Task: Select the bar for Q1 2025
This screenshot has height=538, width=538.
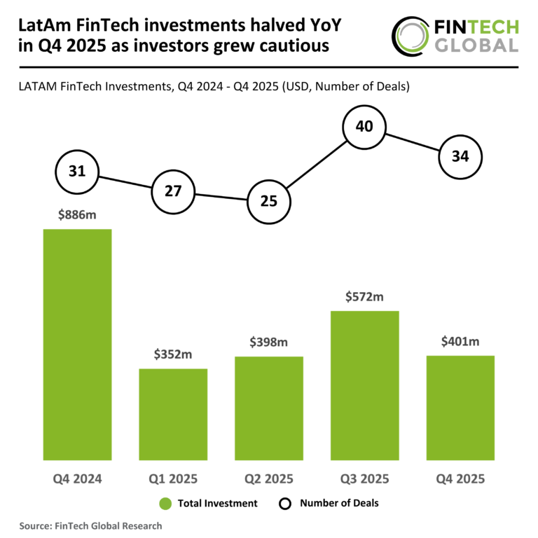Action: (173, 414)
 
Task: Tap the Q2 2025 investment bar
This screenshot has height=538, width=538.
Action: (268, 408)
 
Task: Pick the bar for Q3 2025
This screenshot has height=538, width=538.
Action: (364, 385)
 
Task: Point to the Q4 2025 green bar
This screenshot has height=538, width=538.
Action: (460, 408)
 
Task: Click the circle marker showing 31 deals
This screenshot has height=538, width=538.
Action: (77, 172)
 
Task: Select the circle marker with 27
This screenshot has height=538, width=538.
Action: (173, 190)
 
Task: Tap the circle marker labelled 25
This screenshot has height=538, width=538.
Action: (268, 201)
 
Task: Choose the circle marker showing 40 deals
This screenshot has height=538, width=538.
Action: (364, 127)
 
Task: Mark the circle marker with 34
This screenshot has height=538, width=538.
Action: (460, 156)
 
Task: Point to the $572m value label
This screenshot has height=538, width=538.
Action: (364, 297)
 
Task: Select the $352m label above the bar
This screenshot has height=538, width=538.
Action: (173, 354)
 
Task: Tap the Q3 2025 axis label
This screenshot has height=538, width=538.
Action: (364, 480)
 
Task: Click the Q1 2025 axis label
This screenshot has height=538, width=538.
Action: (173, 480)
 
